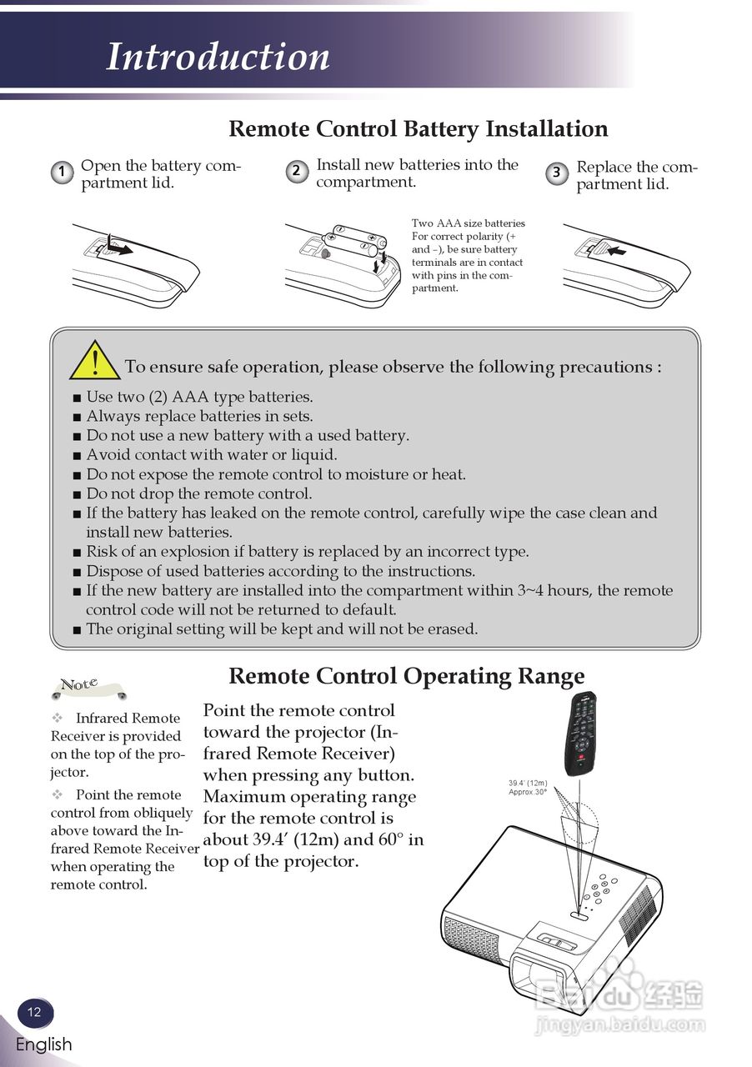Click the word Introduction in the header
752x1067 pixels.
218,57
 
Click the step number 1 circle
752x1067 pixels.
61,173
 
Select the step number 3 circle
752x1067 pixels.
557,173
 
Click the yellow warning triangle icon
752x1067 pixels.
94,361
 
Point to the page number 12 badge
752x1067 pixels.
34,1012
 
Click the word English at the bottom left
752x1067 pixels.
43,1044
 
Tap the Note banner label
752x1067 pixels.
80,685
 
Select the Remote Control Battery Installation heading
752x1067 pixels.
418,129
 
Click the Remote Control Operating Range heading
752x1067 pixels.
406,676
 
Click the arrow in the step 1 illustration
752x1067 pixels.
121,248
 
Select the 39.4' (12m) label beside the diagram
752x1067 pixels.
528,783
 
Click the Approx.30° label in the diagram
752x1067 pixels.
528,792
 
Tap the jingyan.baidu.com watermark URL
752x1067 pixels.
620,1024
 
